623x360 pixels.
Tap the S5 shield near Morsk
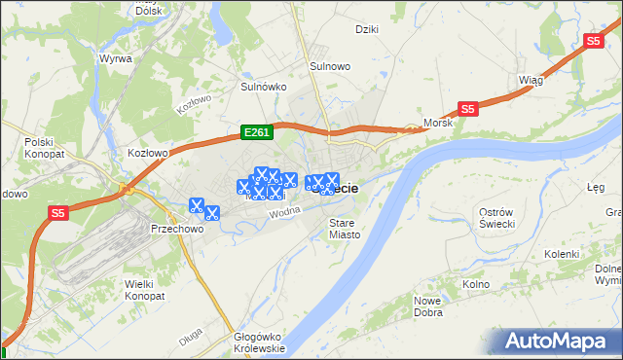[x=468, y=109]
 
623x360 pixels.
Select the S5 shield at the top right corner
[x=594, y=41]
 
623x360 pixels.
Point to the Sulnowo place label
[x=329, y=66]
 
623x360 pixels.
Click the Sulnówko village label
[x=263, y=86]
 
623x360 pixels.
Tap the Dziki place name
[x=367, y=29]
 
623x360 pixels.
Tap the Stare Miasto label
[x=343, y=229]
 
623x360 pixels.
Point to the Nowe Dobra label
[x=428, y=306]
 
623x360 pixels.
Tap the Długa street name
[x=191, y=341]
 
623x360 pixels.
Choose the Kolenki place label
[x=563, y=254]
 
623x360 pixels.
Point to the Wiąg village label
[x=531, y=81]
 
